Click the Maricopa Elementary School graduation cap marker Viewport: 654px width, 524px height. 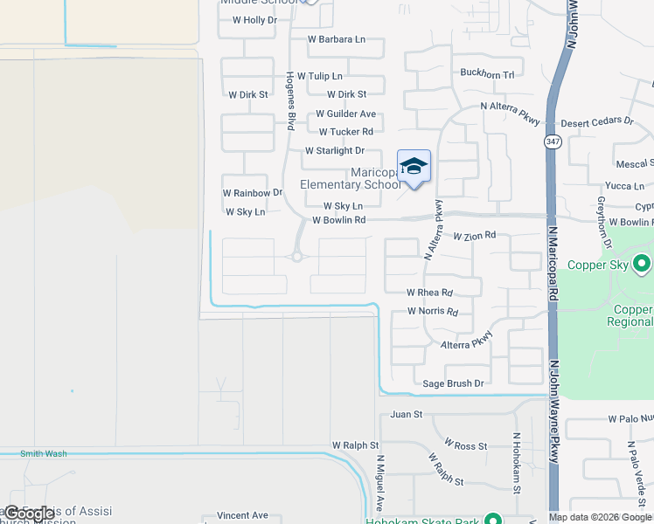414,166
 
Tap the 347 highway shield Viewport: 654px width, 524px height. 552,142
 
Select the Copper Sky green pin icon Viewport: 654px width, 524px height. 643,263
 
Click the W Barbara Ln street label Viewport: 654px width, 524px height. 337,39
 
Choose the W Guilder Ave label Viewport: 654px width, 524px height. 346,114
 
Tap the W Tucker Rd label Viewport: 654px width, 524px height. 346,132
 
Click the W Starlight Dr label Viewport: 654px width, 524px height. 335,151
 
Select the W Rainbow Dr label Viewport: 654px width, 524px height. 253,192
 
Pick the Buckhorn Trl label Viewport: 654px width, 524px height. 487,74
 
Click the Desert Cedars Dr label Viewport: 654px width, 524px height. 597,122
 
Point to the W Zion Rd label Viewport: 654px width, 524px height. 475,235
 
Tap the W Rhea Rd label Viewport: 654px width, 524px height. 430,293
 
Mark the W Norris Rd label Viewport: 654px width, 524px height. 433,312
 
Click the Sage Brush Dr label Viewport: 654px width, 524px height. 453,383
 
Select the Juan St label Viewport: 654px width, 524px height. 407,414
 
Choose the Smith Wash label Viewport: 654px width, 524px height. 44,453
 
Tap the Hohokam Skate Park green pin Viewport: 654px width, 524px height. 494,519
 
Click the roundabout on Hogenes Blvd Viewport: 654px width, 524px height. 297,257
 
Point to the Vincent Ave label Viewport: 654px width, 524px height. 242,515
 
